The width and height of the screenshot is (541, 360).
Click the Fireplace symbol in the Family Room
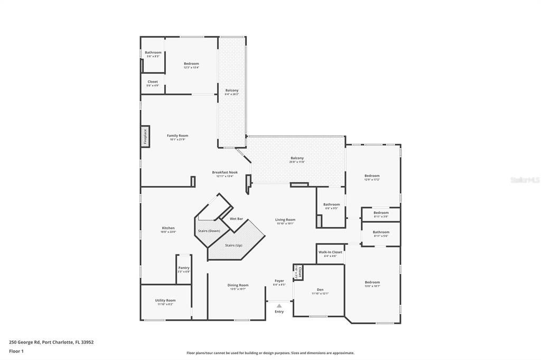145,136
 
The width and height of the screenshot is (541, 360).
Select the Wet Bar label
236,219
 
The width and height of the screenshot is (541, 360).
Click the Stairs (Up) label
234,245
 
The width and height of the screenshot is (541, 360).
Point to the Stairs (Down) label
209,231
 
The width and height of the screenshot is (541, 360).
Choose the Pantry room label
183,268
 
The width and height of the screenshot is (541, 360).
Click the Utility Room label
165,300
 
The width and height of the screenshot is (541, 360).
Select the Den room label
320,289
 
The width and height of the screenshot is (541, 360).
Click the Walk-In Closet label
330,252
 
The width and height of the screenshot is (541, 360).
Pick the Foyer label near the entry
279,281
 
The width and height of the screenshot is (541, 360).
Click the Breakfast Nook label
225,172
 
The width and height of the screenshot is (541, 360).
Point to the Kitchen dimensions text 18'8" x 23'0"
168,232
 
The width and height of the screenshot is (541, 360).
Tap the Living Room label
285,220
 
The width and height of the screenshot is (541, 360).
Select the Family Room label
178,136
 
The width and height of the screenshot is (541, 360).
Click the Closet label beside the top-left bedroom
152,82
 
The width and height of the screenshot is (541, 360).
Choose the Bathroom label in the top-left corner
153,52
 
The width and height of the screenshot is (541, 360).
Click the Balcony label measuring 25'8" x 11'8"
297,158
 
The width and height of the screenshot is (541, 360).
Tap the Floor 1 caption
16,351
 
